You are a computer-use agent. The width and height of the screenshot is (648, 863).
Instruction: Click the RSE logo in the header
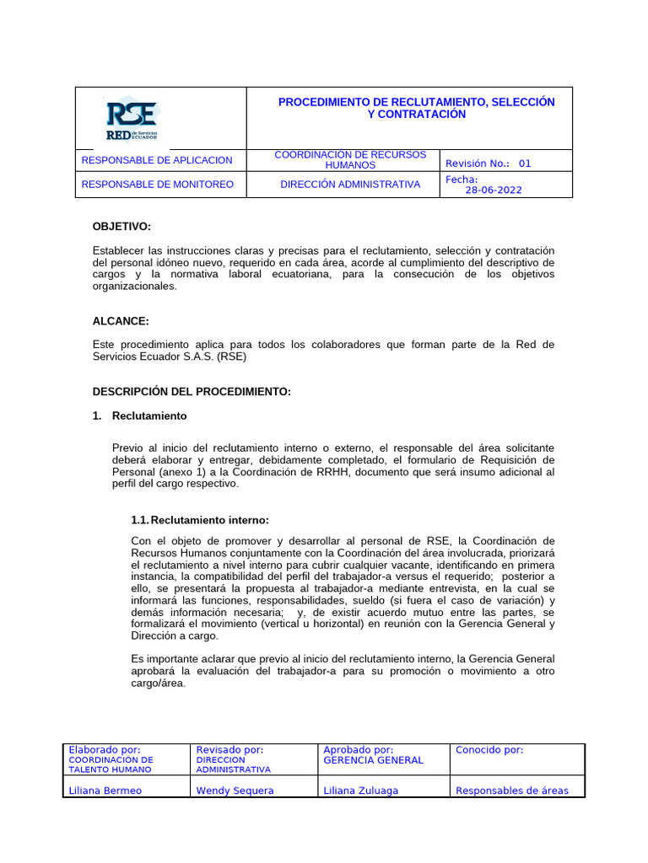(131, 120)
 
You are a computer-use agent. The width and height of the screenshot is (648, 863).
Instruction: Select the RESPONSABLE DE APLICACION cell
(156, 160)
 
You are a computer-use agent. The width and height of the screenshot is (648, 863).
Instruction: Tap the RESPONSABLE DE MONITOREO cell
(157, 185)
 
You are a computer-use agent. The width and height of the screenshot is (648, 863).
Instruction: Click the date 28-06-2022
(494, 190)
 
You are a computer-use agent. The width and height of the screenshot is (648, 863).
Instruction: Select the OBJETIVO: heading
(121, 227)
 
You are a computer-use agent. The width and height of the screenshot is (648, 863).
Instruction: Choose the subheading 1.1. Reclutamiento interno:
(200, 519)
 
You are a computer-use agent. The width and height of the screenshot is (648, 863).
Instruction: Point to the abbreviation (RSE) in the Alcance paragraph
(232, 356)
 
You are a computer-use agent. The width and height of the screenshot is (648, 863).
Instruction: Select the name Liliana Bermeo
(105, 791)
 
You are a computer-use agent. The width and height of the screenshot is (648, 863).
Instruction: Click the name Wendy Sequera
(235, 791)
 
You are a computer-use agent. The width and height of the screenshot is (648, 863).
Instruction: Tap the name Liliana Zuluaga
(360, 791)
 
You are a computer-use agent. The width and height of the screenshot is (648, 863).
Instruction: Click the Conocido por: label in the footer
(489, 750)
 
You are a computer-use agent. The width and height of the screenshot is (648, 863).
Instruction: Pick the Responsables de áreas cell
(511, 791)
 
